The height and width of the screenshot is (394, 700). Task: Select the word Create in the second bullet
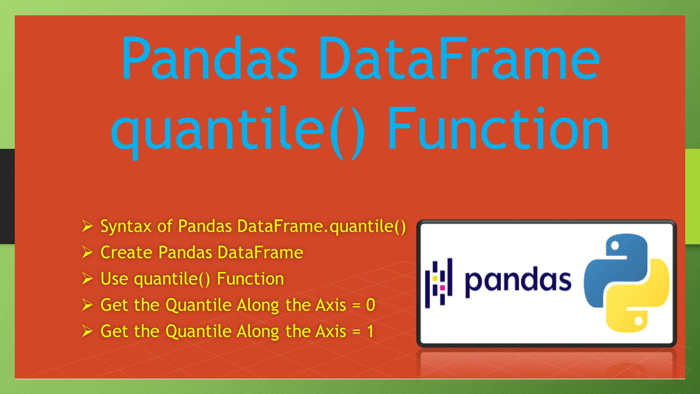tap(127, 252)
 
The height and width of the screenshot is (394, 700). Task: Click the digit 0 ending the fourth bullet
tap(370, 305)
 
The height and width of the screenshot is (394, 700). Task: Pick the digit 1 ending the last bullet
tap(370, 331)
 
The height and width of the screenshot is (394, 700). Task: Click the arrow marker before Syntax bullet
tap(87, 226)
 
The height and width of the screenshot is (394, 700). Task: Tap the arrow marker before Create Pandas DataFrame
tap(87, 252)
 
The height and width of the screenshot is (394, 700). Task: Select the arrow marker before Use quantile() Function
tap(87, 279)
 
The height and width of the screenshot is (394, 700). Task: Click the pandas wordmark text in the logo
tap(517, 281)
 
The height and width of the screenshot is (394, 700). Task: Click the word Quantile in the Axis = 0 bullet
tap(198, 305)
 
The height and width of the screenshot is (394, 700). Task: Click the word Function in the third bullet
tap(250, 279)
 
